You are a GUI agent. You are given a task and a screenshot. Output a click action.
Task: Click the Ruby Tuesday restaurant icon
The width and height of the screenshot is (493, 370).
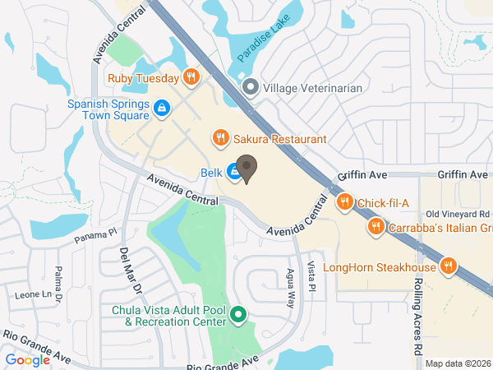click(191, 78)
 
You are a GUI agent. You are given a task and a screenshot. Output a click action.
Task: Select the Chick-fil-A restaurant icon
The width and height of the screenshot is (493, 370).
click(345, 202)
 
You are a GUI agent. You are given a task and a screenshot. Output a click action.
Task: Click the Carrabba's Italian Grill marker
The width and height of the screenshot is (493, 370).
click(376, 225)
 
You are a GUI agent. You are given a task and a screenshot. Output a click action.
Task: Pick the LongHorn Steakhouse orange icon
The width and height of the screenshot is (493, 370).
click(448, 266)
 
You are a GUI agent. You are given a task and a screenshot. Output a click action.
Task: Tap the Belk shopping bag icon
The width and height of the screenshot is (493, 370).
click(234, 173)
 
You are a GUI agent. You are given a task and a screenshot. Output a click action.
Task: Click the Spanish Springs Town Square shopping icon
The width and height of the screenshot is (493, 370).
click(163, 107)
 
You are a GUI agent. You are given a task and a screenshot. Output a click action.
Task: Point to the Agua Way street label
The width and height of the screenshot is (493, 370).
click(290, 284)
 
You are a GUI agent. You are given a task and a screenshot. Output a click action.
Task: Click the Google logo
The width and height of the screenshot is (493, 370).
click(28, 359)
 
